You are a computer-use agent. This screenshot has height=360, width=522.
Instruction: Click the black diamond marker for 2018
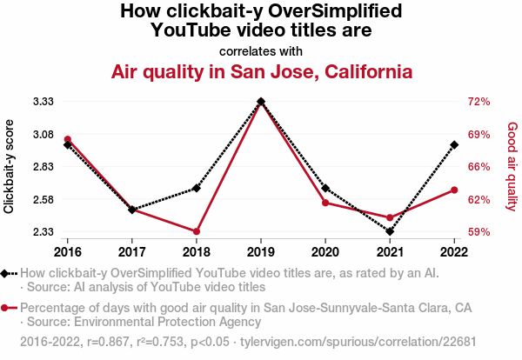point(197,188)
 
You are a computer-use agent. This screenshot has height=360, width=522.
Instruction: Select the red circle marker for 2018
point(197,231)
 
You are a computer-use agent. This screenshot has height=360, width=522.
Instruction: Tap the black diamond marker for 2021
point(390,231)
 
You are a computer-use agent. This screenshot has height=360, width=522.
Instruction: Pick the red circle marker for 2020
point(325,203)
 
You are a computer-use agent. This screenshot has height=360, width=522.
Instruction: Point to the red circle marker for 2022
point(454,190)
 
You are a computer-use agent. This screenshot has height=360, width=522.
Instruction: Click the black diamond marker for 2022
point(454,145)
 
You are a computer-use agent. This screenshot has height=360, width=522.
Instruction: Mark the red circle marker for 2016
point(68,139)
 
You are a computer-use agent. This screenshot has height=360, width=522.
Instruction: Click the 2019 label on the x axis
point(261,252)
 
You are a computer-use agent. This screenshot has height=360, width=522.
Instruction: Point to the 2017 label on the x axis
point(132,252)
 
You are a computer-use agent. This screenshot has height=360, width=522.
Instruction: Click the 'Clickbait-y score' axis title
point(10,166)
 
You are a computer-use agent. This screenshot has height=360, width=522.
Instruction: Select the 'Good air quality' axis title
point(512,166)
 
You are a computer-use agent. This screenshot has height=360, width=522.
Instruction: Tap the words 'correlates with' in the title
point(261,50)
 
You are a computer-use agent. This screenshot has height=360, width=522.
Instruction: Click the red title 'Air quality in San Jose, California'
point(261,71)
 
